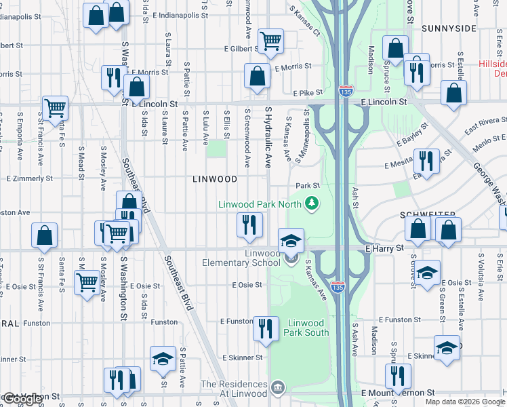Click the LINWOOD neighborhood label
tap(215, 179)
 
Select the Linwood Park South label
tap(308, 328)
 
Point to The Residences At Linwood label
tap(234, 389)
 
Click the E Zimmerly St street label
tap(29, 178)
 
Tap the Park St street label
tap(307, 185)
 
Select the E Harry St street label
tap(384, 249)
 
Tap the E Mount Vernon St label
tap(399, 393)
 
